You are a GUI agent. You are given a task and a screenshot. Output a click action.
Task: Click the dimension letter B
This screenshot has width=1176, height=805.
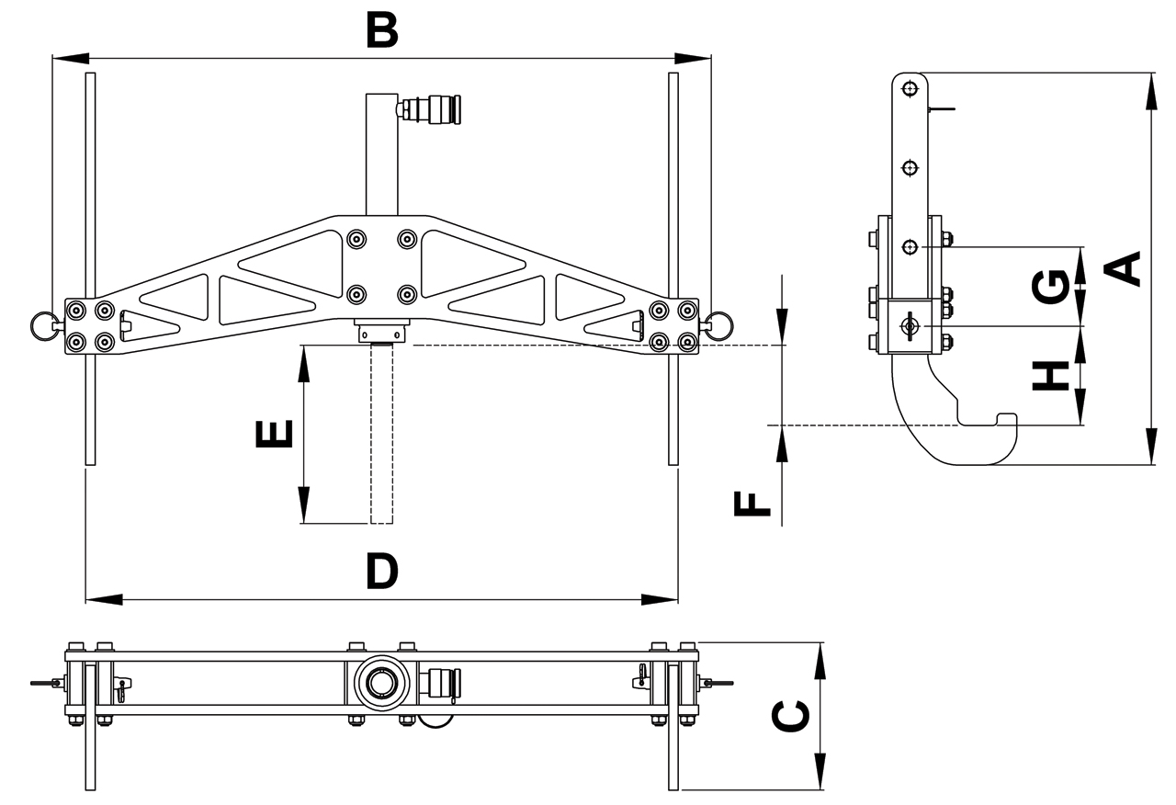click(381, 29)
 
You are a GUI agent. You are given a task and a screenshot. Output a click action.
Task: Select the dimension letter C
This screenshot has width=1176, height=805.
click(791, 717)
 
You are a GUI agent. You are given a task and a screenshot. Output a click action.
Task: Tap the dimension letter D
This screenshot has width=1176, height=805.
click(381, 571)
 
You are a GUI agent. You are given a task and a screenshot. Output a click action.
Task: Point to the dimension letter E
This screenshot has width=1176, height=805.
click(274, 434)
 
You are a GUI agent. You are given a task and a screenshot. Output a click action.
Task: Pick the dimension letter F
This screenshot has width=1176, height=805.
click(754, 504)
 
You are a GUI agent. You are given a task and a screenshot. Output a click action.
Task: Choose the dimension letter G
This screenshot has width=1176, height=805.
click(1050, 286)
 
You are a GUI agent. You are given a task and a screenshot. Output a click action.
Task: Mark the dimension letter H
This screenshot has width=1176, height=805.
click(1050, 375)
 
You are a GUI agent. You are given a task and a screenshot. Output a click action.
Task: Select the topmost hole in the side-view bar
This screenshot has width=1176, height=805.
click(910, 89)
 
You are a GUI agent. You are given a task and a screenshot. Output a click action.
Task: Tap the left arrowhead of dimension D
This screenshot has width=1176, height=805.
click(101, 599)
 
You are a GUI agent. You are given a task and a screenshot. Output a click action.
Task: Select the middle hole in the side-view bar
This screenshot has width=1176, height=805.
click(910, 168)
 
